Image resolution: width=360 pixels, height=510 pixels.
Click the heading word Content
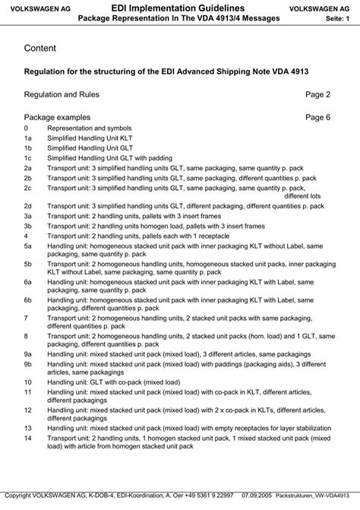click(39, 48)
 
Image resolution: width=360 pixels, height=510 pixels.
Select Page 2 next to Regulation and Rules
click(317, 95)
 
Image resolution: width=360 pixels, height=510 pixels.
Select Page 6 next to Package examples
click(317, 118)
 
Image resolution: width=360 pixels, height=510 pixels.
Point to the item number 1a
click(28, 140)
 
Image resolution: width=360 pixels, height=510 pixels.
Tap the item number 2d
click(28, 205)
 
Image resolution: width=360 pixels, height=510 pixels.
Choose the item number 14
click(28, 439)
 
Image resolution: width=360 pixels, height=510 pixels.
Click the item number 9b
click(28, 364)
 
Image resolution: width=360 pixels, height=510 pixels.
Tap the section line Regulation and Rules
click(62, 95)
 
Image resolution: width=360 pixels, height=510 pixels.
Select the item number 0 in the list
click(27, 129)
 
